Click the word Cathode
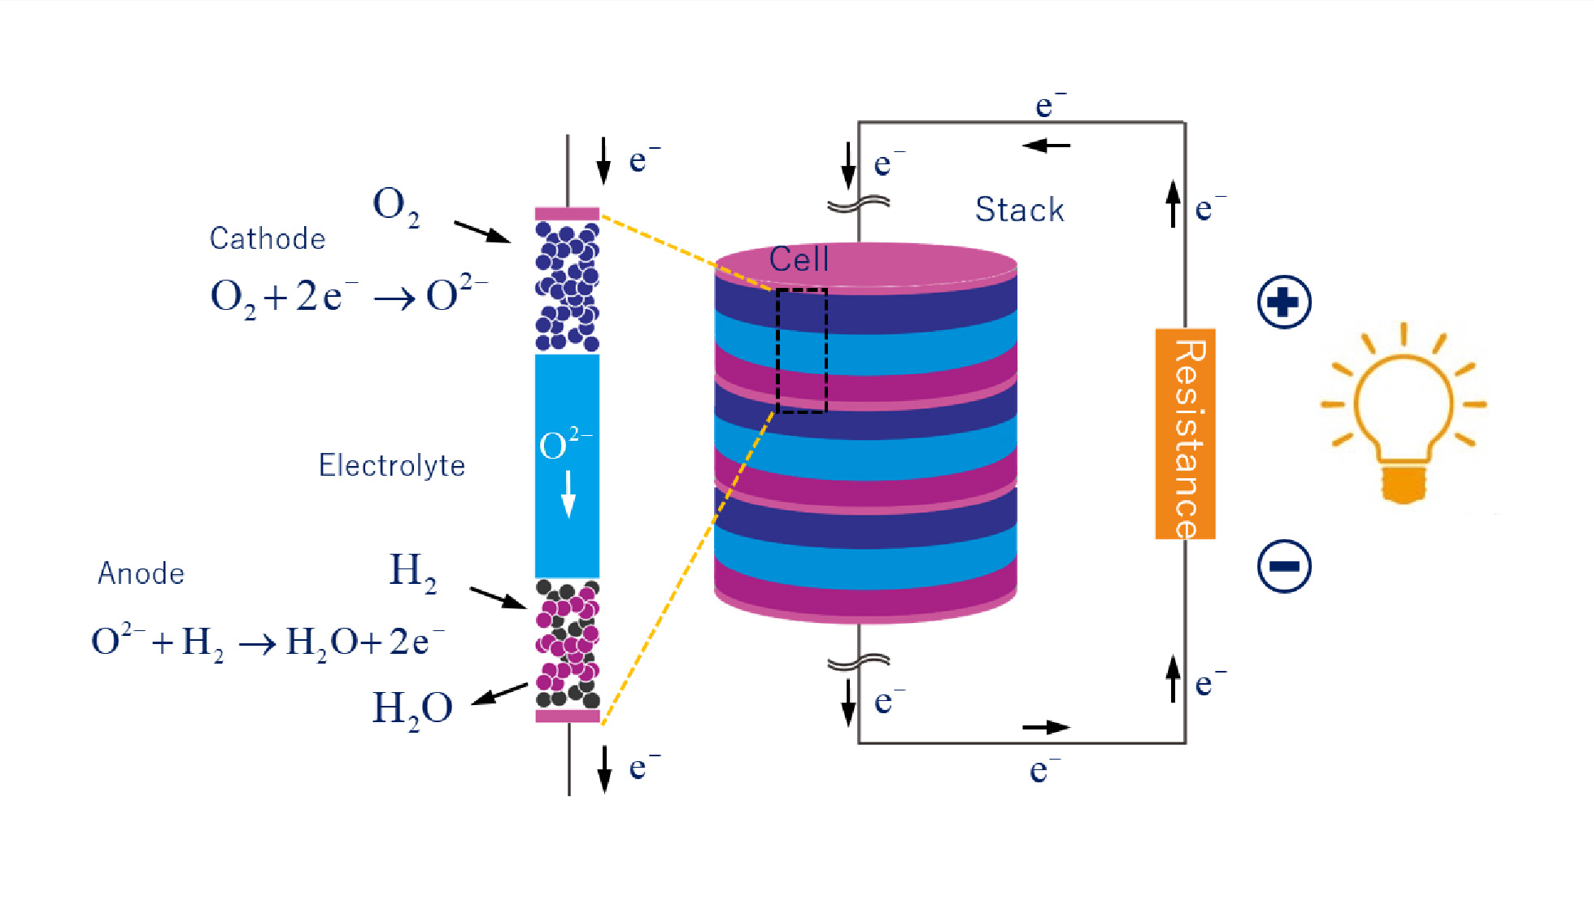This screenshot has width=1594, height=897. [x=268, y=238]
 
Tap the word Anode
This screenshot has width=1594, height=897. [x=142, y=573]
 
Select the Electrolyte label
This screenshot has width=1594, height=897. [x=392, y=465]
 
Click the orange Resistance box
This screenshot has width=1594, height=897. [x=1185, y=433]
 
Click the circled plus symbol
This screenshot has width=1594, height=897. [x=1284, y=303]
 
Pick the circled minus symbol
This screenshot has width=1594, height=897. [x=1284, y=566]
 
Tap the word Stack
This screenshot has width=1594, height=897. [x=1020, y=210]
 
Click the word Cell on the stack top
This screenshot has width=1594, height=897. [x=799, y=259]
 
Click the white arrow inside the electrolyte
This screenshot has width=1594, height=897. [x=568, y=494]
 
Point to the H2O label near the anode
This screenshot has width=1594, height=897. [x=412, y=708]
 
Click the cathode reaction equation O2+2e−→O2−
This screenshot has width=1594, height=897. [x=349, y=296]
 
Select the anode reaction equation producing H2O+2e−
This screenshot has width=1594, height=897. [x=268, y=642]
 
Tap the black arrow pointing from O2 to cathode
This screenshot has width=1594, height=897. [x=482, y=232]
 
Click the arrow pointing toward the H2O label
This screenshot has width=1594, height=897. [x=499, y=694]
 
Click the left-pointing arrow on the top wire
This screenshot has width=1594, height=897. [x=1046, y=146]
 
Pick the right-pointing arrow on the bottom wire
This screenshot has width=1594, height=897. [x=1046, y=727]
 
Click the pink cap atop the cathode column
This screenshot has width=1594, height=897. [x=567, y=214]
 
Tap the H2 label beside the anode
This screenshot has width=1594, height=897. [x=413, y=571]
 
